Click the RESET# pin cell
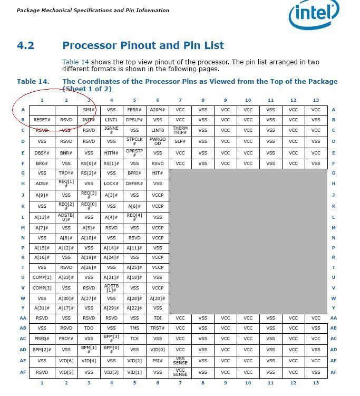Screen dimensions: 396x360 (42, 120)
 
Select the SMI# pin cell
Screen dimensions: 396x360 (89, 110)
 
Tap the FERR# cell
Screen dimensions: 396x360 (134, 110)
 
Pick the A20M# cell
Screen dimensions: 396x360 (158, 110)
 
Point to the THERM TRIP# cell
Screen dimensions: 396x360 (180, 130)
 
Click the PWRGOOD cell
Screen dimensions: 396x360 (158, 141)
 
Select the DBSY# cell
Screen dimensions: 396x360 (42, 153)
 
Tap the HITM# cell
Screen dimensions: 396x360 (111, 153)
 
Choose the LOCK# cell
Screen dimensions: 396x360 (111, 183)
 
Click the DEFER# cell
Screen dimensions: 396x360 (134, 183)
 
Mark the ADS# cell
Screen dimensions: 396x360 (42, 183)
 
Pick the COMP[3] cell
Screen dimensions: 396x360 (42, 288)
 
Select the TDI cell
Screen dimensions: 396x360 (158, 318)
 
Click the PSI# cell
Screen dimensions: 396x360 (158, 361)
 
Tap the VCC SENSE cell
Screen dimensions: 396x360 (180, 372)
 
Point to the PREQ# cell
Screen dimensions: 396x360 (42, 339)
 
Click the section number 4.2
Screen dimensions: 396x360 (25, 45)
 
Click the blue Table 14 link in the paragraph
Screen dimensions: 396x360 (75, 62)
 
